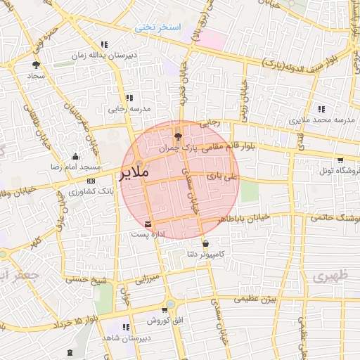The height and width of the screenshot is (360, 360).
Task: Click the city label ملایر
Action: (x=135, y=172)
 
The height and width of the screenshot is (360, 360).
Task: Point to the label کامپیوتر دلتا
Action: (x=206, y=252)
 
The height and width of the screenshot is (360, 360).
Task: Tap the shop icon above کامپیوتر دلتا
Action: (x=205, y=243)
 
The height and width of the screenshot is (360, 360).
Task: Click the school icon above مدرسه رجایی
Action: (x=129, y=98)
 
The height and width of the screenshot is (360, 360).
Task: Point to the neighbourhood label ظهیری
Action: (x=326, y=276)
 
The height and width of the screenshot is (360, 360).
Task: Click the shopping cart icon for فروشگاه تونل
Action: (x=341, y=160)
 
